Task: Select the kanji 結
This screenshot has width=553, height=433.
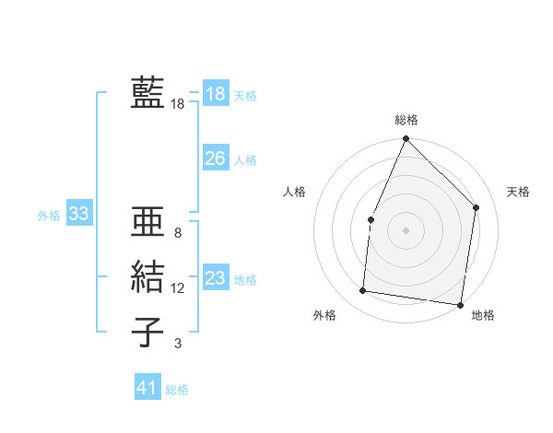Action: (x=147, y=276)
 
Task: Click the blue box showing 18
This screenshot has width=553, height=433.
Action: (x=215, y=94)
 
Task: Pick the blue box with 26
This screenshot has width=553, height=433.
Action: (x=215, y=158)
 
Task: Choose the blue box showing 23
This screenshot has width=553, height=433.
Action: (x=215, y=278)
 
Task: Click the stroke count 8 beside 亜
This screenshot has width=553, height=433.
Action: (x=177, y=234)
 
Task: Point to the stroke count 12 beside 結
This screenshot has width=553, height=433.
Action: (x=177, y=288)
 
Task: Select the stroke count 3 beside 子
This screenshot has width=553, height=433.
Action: (x=177, y=344)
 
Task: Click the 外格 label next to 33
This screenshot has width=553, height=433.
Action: (x=49, y=216)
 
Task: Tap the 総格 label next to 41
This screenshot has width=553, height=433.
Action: (x=177, y=389)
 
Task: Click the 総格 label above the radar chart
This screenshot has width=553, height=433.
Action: (x=406, y=120)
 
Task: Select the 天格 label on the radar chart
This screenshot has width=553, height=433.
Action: (x=519, y=192)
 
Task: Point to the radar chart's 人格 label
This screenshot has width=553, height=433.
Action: (x=294, y=192)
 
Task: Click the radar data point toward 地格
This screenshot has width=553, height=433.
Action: (x=460, y=304)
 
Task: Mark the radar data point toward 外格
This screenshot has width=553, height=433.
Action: (x=363, y=291)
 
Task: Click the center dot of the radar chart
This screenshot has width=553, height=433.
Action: (x=406, y=229)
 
